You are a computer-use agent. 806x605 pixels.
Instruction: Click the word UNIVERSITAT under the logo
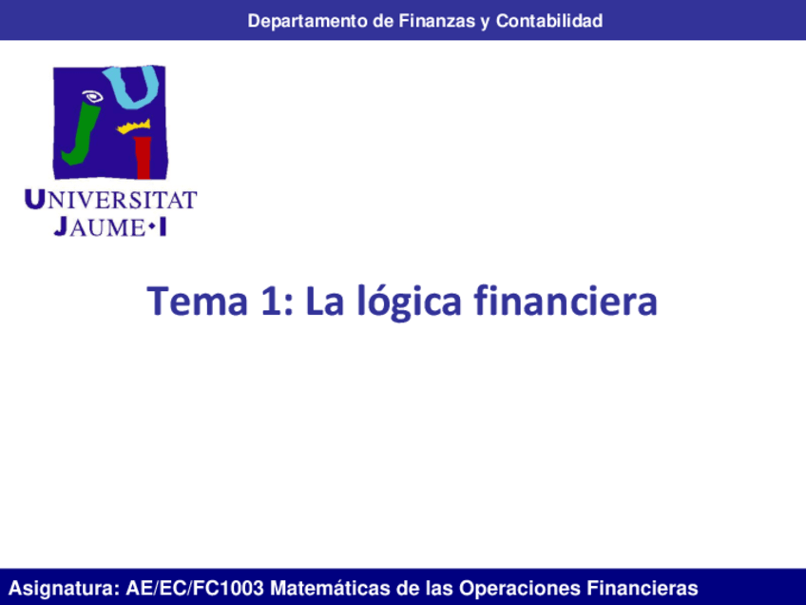tap(109, 201)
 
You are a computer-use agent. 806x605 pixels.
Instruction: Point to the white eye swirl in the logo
tap(92, 96)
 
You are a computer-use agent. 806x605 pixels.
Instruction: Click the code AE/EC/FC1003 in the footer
tap(196, 588)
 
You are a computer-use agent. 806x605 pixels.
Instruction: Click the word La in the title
tap(324, 302)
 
